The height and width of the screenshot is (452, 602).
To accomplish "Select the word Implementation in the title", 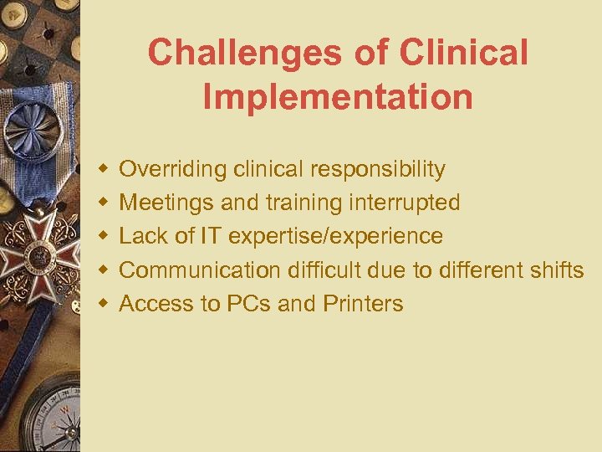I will [x=338, y=96].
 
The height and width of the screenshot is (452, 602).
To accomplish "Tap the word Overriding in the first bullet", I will [x=173, y=170].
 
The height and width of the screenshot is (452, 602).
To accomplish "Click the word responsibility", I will [x=377, y=170].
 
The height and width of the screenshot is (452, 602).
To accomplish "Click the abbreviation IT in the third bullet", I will [x=209, y=236].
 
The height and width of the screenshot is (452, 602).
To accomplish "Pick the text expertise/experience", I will [x=335, y=237].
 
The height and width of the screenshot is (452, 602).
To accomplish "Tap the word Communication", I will [x=201, y=270].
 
